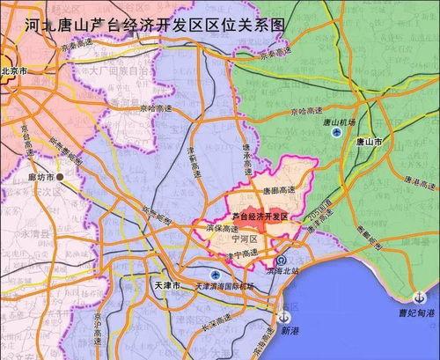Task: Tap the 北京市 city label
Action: click(x=18, y=70)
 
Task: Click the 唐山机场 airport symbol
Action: click(x=337, y=133)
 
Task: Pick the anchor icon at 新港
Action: click(x=283, y=318)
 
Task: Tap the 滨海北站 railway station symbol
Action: click(x=278, y=262)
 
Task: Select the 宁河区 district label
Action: click(x=243, y=239)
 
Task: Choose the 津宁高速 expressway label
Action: click(x=242, y=254)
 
